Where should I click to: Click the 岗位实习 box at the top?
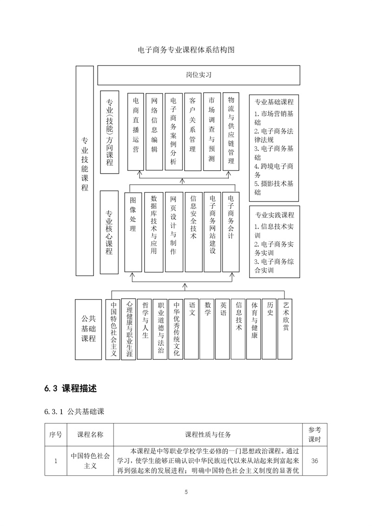pos(198,75)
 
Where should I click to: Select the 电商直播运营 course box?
pos(135,132)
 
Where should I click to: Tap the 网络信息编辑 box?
pos(154,132)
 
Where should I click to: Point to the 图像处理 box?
pos(133,232)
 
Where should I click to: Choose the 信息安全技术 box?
pos(193,232)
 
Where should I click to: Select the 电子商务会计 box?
pos(231,232)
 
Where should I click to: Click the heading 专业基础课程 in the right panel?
pos(274,102)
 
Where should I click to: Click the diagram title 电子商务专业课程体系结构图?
pos(186,50)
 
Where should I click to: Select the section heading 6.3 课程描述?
pos(71,388)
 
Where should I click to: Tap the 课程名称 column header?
pos(90,435)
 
